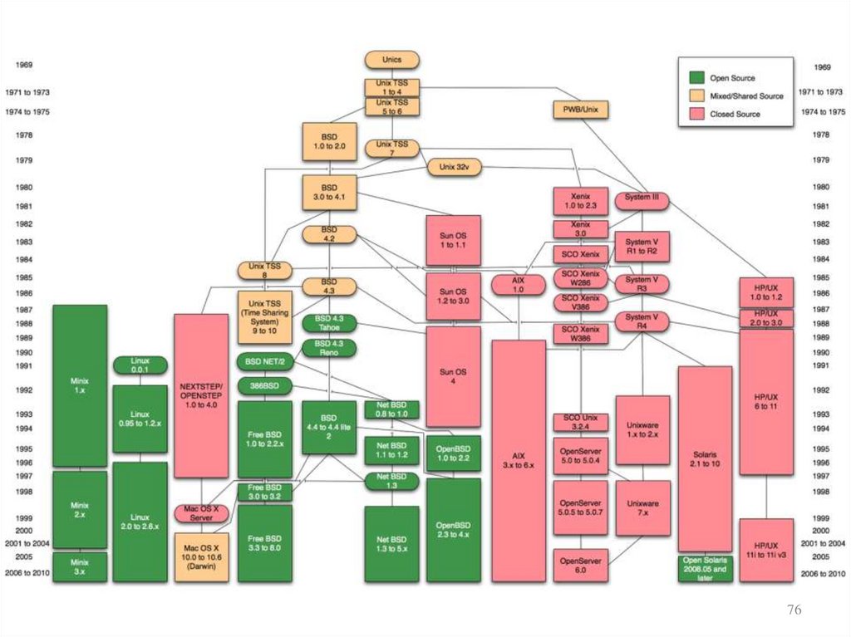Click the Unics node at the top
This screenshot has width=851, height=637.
click(391, 60)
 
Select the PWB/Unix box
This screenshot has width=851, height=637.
click(580, 109)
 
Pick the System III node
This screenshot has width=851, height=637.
click(642, 199)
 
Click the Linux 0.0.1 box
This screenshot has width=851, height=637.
click(140, 365)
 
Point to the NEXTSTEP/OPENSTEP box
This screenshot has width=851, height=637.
click(200, 395)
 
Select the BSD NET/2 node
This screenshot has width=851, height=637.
click(264, 363)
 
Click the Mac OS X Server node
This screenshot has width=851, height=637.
click(200, 512)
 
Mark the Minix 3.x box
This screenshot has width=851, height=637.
click(80, 567)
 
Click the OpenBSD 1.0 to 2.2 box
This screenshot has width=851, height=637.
click(453, 453)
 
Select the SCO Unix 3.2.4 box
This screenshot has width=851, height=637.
click(582, 421)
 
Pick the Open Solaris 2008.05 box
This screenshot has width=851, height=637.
click(705, 568)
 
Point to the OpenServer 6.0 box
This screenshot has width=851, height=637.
click(581, 566)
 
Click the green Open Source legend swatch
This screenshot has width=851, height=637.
click(696, 78)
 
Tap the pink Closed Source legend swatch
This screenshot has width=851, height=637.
click(696, 114)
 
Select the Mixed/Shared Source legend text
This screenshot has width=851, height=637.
click(746, 96)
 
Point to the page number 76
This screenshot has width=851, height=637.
click(794, 610)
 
